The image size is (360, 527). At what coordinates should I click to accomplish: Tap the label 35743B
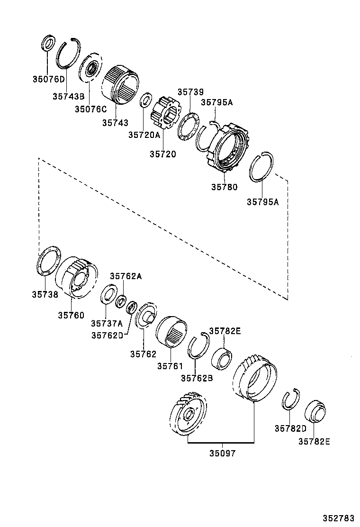point(68,96)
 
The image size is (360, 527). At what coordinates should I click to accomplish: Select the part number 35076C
point(90,109)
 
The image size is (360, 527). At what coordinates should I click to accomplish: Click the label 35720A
point(144,135)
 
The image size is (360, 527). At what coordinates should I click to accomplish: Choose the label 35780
point(224,187)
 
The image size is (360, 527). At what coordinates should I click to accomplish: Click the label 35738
point(45,294)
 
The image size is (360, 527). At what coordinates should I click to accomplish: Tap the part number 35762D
point(108,335)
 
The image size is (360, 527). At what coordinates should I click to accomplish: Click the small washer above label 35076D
point(48,43)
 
